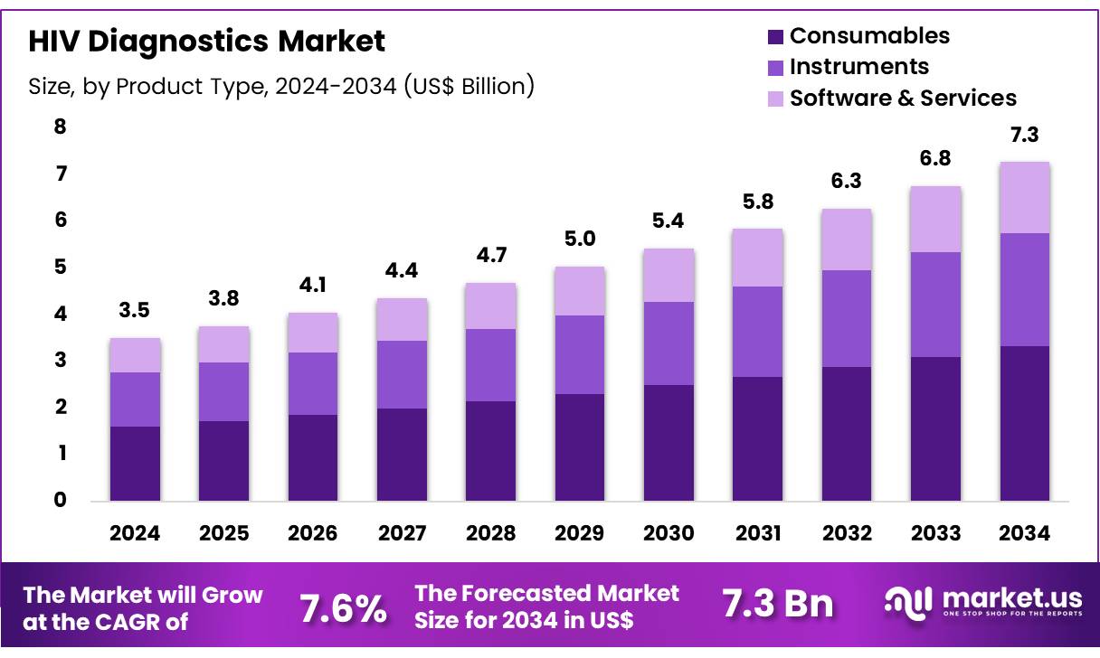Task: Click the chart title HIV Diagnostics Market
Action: click(206, 41)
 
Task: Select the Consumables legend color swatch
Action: click(775, 37)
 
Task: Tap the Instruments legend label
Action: click(858, 67)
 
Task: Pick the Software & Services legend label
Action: click(903, 98)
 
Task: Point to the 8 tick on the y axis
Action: click(60, 127)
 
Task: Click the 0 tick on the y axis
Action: click(60, 500)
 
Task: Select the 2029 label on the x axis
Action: click(580, 533)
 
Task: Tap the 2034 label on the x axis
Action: click(1025, 533)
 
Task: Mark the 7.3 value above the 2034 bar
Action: click(1025, 136)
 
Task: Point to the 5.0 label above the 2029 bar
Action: click(580, 240)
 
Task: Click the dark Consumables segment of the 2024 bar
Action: click(135, 463)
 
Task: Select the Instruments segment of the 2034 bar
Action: click(1025, 289)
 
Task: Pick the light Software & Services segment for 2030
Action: click(669, 275)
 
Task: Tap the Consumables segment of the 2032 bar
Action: click(847, 433)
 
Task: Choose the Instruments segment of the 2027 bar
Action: click(402, 374)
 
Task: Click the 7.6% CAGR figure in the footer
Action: click(343, 608)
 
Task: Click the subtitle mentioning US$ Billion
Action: click(281, 86)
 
